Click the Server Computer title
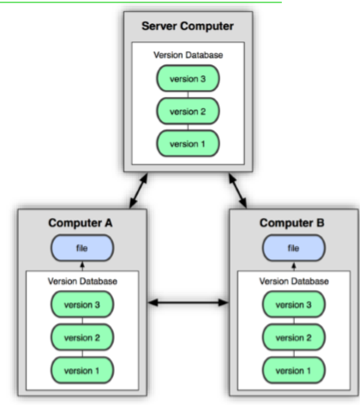pos(188,27)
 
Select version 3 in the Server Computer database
pos(188,79)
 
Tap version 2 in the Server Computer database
pos(188,112)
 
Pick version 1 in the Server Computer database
pos(188,143)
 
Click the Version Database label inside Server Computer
pos(188,55)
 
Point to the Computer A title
pos(81,223)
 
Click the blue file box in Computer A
pos(82,248)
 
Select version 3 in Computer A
pos(82,305)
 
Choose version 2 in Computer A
pos(82,337)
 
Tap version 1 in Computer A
pos(82,371)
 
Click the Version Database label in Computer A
pos(82,281)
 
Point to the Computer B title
pos(292,223)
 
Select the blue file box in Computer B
pos(294,248)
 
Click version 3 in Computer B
pos(294,305)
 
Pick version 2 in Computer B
pos(294,337)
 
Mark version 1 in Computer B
pos(294,371)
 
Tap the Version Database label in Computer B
pos(294,281)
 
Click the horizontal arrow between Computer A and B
pos(189,303)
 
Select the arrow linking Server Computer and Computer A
pos(139,190)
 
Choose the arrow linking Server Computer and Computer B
pos(237,190)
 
